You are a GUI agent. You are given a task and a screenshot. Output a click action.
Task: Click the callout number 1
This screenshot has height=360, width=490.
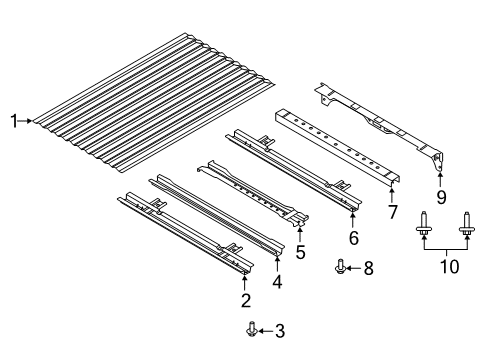click(14, 121)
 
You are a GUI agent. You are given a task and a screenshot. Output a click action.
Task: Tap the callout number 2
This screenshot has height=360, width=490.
click(246, 300)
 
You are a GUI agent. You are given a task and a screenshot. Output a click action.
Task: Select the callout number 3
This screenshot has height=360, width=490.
click(280, 331)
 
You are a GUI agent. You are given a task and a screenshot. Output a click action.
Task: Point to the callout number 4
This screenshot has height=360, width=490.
click(277, 281)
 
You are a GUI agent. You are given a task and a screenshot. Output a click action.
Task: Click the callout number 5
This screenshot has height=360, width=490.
click(300, 252)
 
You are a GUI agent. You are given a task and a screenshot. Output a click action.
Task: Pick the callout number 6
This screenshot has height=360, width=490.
click(354, 237)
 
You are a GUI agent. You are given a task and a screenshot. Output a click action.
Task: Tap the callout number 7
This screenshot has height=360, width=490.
click(393, 212)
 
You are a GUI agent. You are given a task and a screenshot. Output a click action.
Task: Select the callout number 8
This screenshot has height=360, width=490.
click(368, 268)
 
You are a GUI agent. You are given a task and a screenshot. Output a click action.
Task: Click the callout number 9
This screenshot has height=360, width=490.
click(441, 197)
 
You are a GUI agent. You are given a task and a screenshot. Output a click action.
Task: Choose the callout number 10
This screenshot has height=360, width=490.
click(450, 267)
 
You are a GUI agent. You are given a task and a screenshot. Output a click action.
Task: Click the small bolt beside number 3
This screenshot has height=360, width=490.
click(252, 329)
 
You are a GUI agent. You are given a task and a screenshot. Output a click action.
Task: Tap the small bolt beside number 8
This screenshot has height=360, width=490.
click(340, 266)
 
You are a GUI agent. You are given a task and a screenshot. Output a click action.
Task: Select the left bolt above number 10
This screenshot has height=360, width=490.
click(424, 224)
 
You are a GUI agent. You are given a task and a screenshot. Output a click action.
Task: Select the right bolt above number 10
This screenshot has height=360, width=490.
click(466, 224)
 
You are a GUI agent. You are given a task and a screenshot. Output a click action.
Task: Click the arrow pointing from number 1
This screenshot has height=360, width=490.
click(25, 121)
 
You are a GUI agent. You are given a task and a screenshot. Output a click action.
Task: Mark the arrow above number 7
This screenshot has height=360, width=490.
click(392, 195)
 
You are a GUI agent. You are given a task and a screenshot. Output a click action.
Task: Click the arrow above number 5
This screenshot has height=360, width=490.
click(300, 234)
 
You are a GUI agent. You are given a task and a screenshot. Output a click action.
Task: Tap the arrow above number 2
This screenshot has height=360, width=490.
click(245, 283)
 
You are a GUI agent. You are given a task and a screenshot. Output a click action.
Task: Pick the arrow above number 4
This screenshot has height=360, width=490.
click(277, 264)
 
